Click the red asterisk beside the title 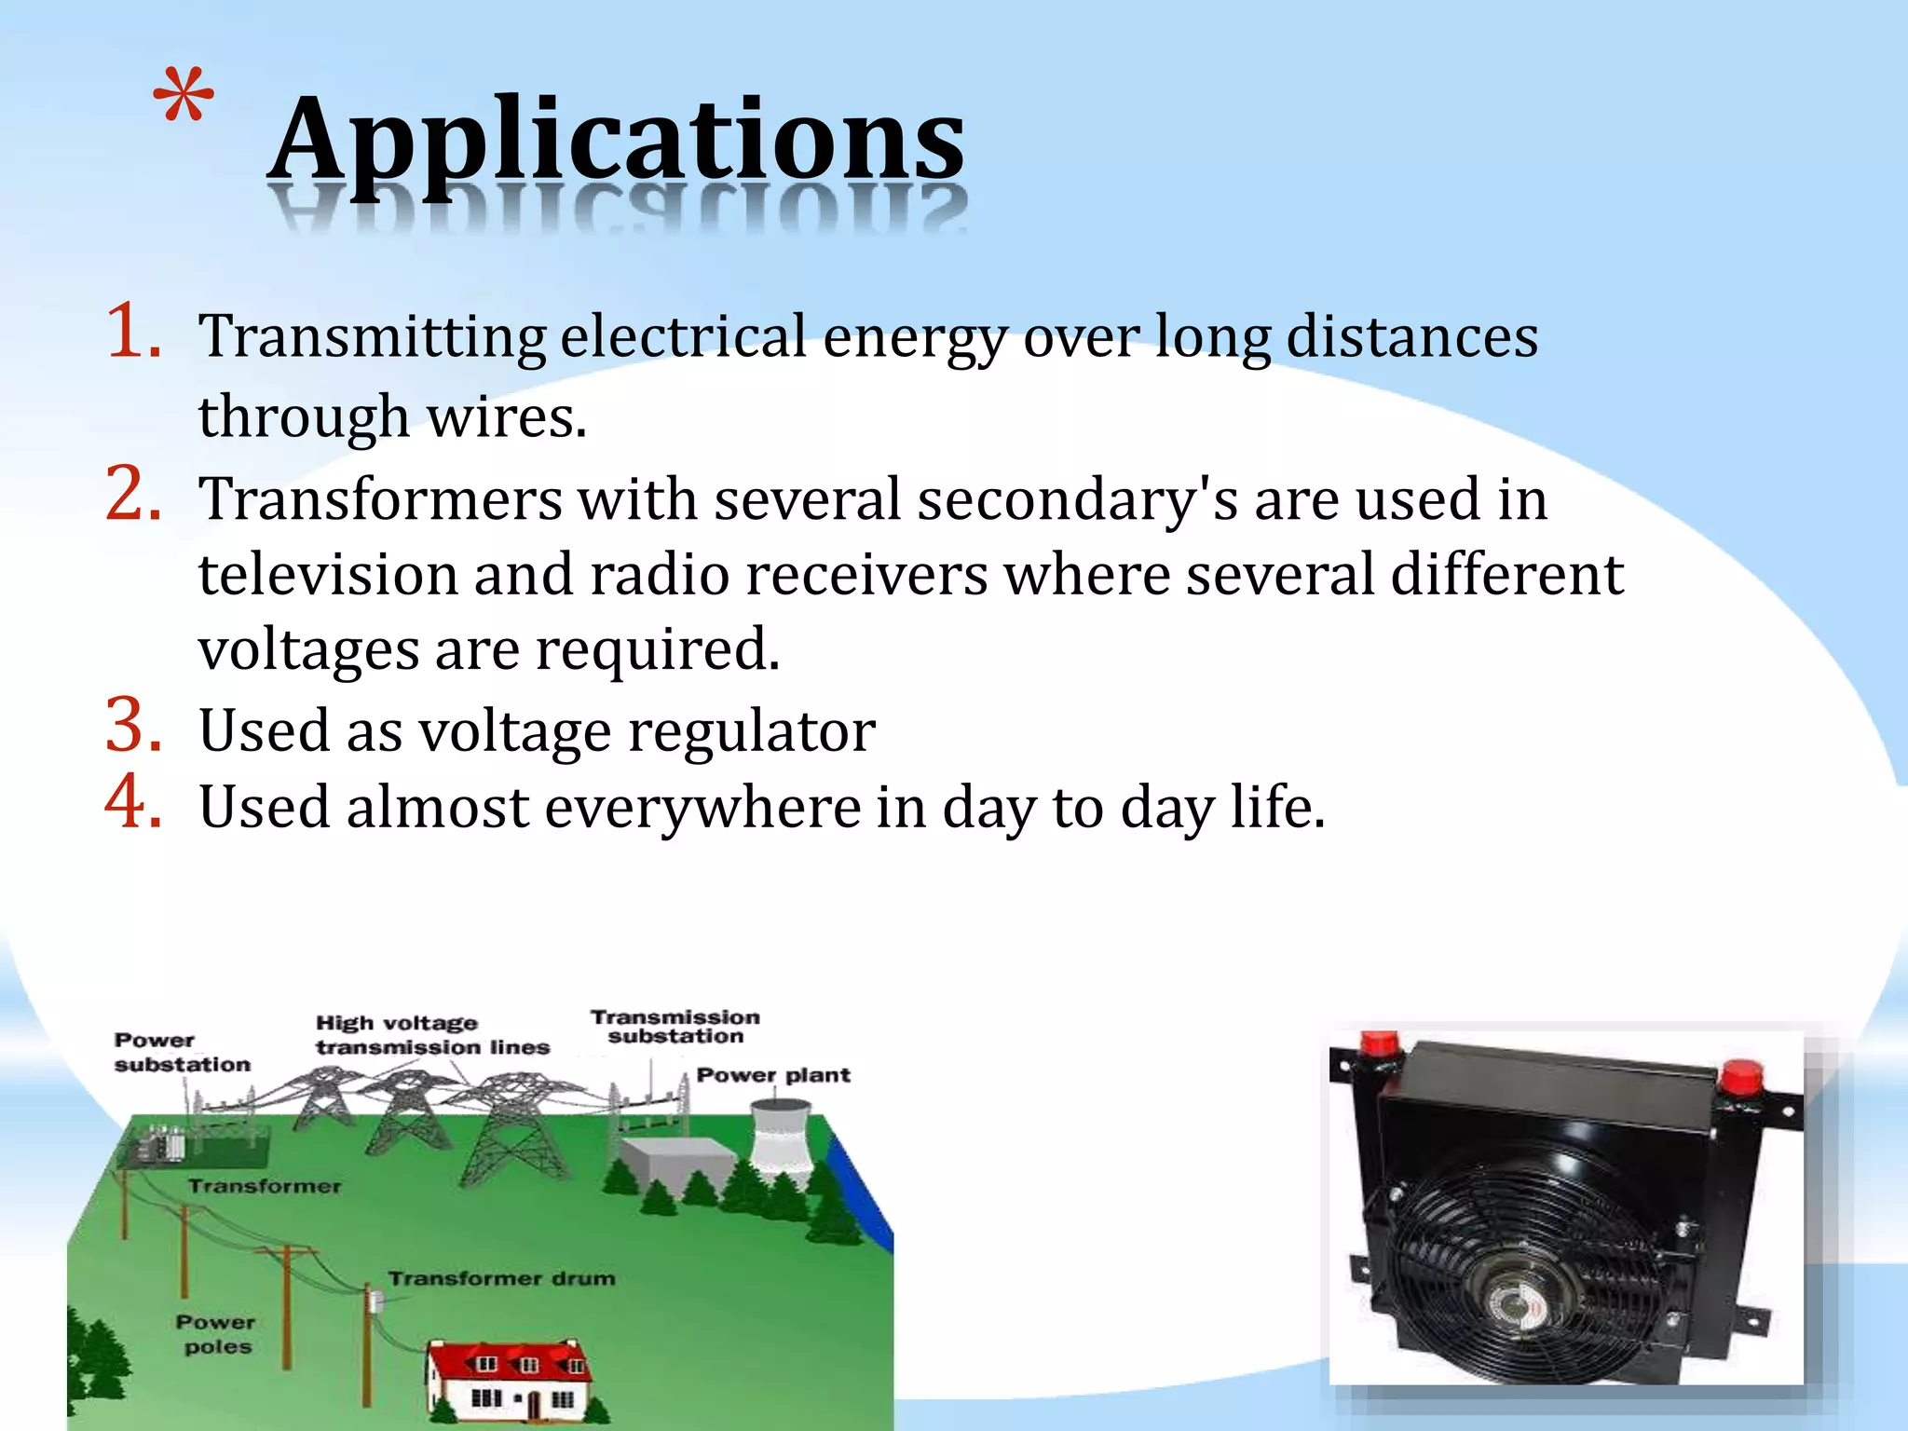[184, 98]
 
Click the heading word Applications [617, 140]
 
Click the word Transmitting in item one [373, 337]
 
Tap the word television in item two [328, 575]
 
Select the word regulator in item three [752, 731]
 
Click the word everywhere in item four [702, 808]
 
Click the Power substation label [182, 1053]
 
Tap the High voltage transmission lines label [431, 1035]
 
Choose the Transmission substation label [675, 1027]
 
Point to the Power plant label [773, 1075]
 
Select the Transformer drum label [501, 1278]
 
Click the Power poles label [216, 1334]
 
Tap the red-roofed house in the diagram [509, 1379]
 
